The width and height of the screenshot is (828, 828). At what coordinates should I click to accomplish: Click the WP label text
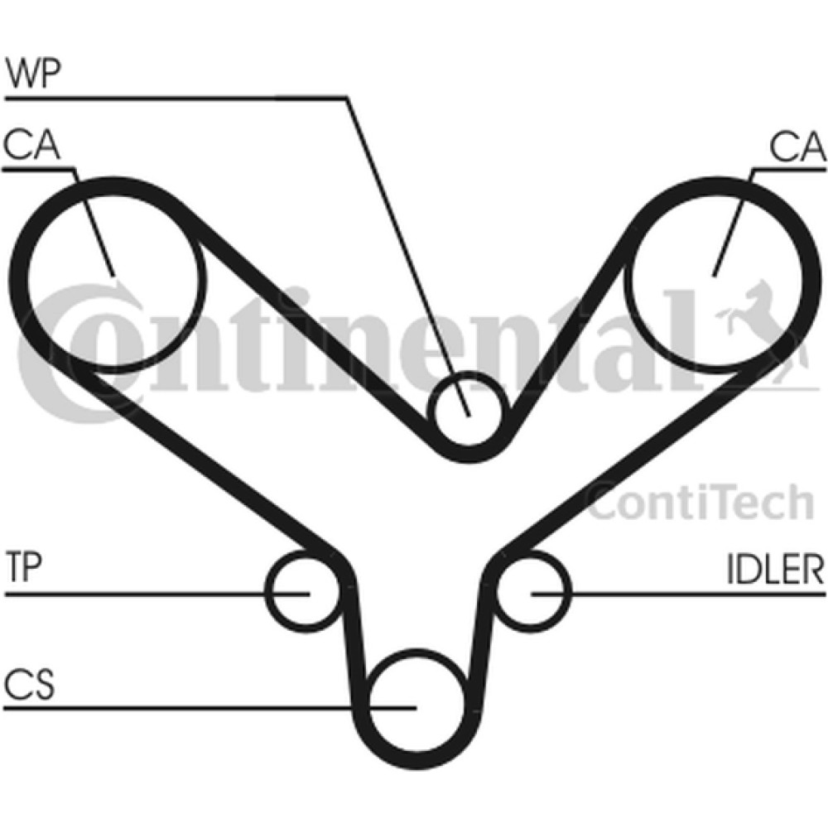pos(33,74)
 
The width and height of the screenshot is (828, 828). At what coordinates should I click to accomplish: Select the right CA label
pos(797,147)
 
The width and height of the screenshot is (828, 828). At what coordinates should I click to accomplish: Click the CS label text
pos(29,685)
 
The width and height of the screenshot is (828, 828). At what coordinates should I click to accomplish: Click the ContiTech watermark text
pos(700,503)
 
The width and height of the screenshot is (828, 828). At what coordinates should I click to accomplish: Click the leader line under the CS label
pos(209,708)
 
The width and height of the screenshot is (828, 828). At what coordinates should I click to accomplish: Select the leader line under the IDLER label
pos(678,595)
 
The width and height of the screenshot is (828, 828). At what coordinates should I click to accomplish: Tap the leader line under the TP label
pos(156,595)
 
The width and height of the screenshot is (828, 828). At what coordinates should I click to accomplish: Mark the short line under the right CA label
pos(789,170)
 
